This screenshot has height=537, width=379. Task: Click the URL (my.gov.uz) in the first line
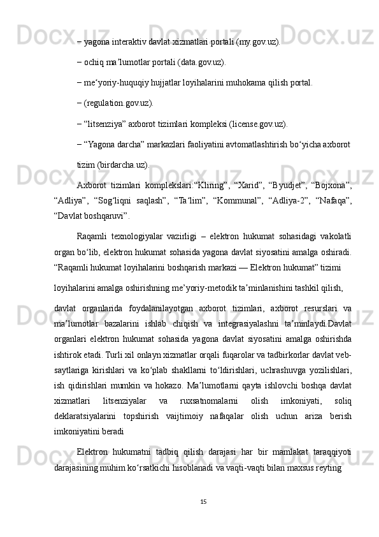(255, 43)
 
